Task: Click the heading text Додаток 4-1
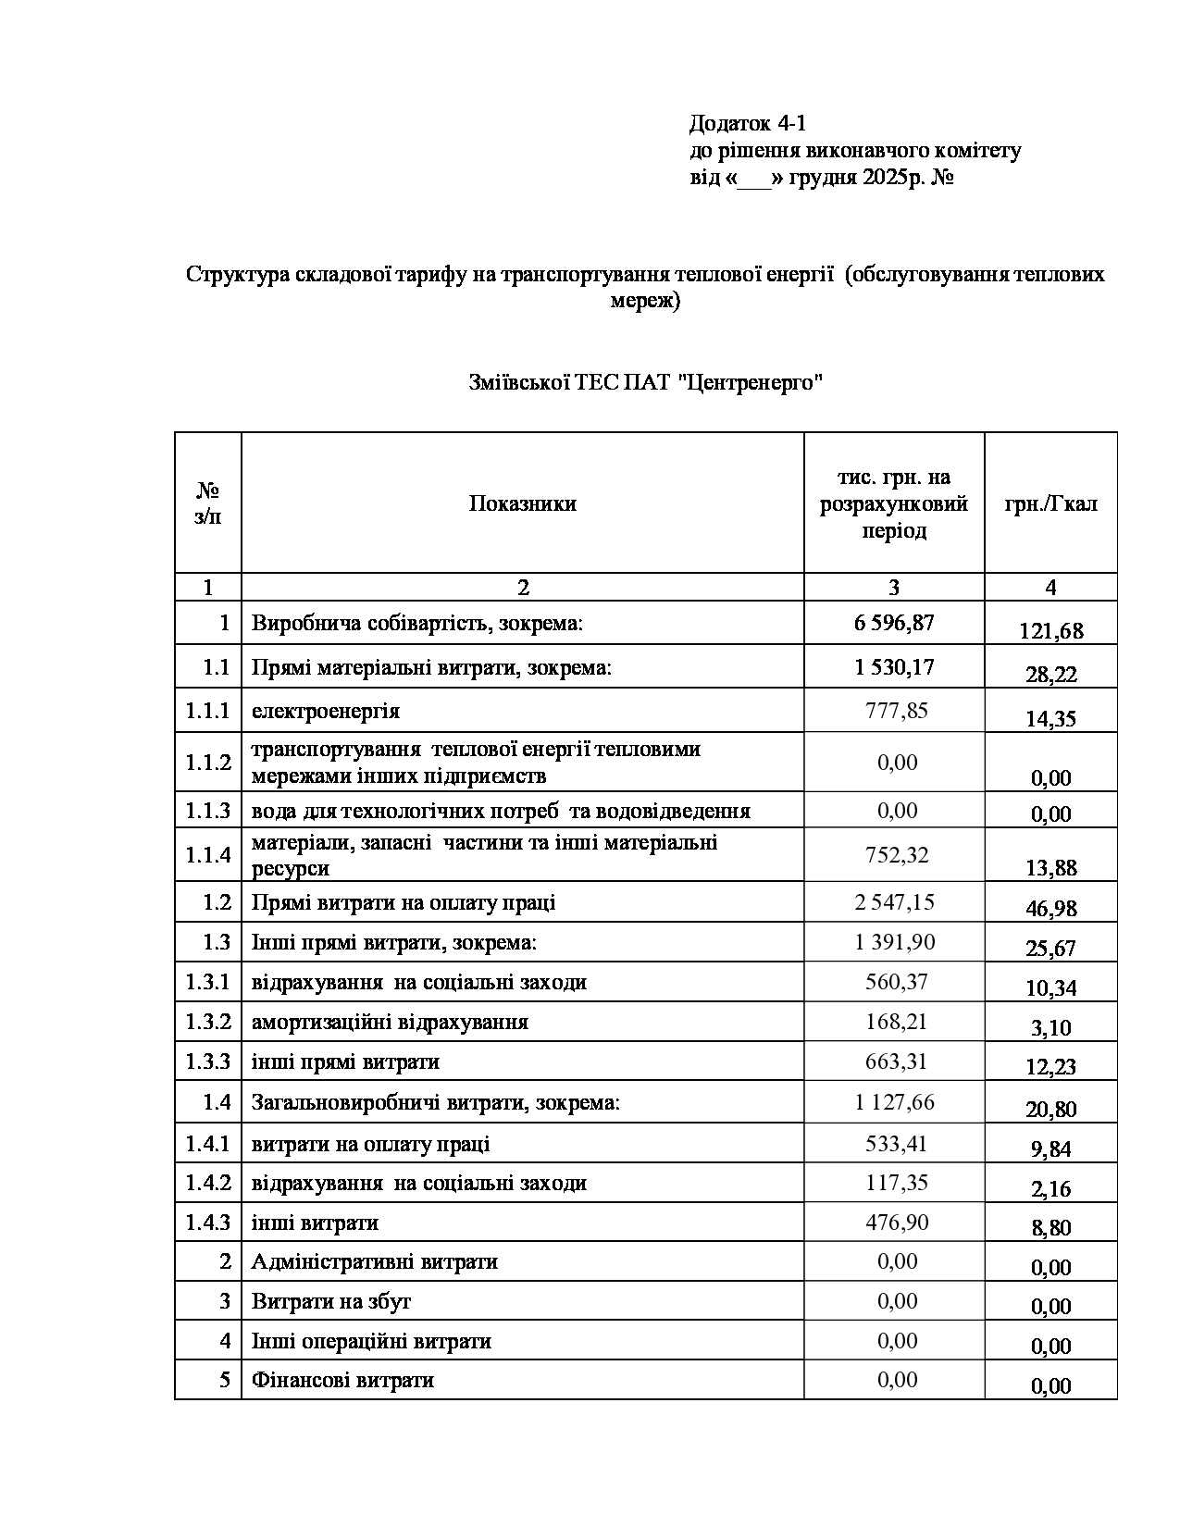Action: pyautogui.click(x=747, y=123)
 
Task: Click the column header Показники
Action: pyautogui.click(x=522, y=503)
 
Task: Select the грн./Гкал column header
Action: pyautogui.click(x=1050, y=504)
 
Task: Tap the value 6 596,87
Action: pyautogui.click(x=894, y=623)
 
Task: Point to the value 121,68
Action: pyautogui.click(x=1050, y=631)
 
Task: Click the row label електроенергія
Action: pyautogui.click(x=326, y=711)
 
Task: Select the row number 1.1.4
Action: pyautogui.click(x=207, y=855)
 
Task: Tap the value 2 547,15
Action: pyautogui.click(x=894, y=902)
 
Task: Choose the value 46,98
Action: pyautogui.click(x=1050, y=908)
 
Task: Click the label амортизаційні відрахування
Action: pyautogui.click(x=390, y=1023)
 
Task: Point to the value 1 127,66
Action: pyautogui.click(x=894, y=1101)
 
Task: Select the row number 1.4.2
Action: pyautogui.click(x=207, y=1184)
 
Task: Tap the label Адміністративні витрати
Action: pyautogui.click(x=375, y=1262)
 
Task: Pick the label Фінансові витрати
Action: pyautogui.click(x=342, y=1381)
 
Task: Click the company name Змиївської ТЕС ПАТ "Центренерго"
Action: pyautogui.click(x=646, y=382)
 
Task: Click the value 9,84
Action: pyautogui.click(x=1050, y=1148)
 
